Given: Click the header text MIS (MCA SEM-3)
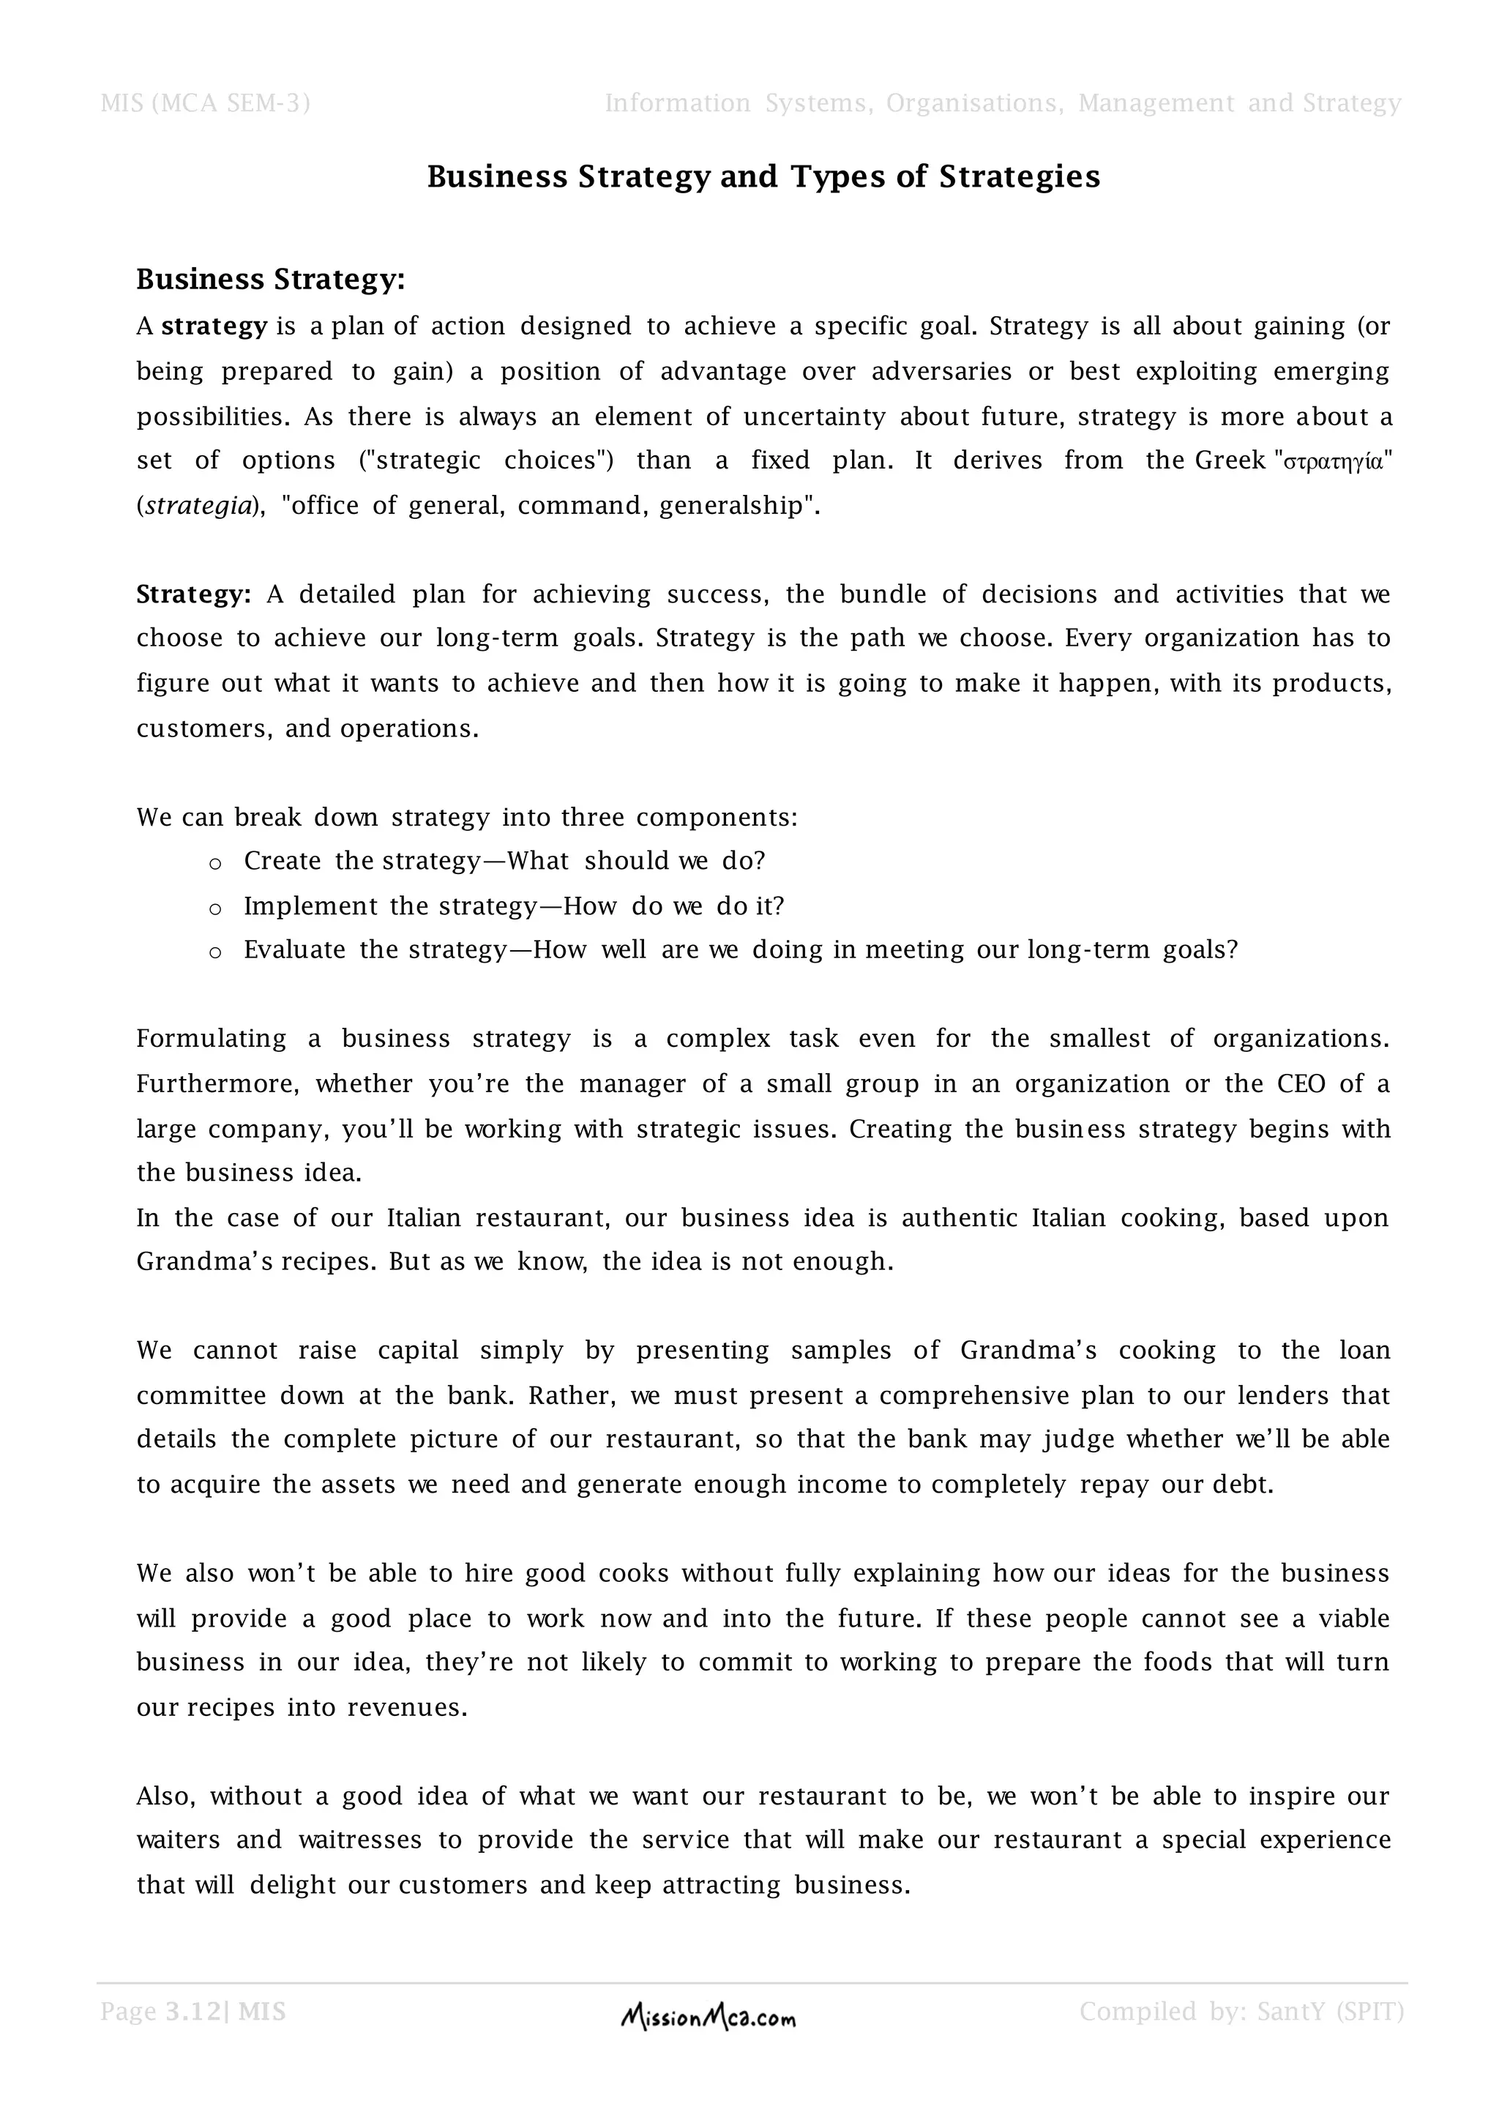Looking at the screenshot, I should click(x=205, y=103).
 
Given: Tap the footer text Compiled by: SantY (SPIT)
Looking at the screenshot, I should click(x=1241, y=2011).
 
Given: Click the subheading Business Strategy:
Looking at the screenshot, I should click(x=270, y=279).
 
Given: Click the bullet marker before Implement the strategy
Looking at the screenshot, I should click(x=215, y=908).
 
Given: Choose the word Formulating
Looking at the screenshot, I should click(x=212, y=1039).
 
